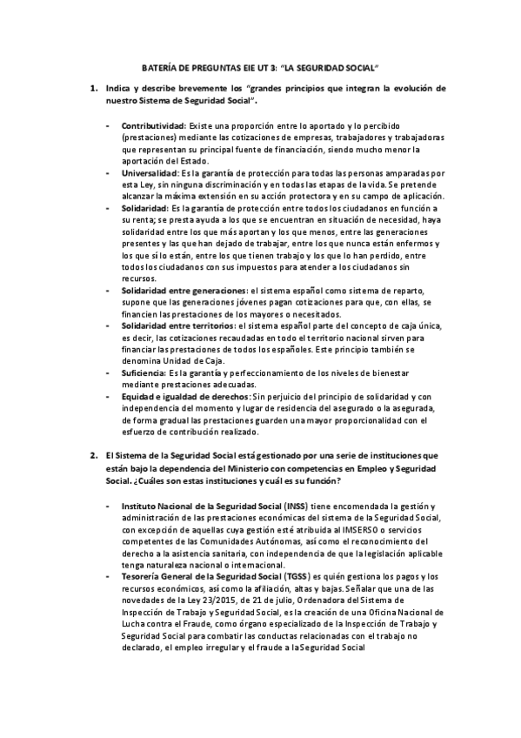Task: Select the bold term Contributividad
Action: click(x=153, y=126)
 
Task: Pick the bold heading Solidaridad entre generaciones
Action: click(x=183, y=289)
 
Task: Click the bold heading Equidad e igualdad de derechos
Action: click(x=184, y=396)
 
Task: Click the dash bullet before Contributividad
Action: click(x=107, y=126)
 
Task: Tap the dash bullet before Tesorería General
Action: click(x=107, y=577)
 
